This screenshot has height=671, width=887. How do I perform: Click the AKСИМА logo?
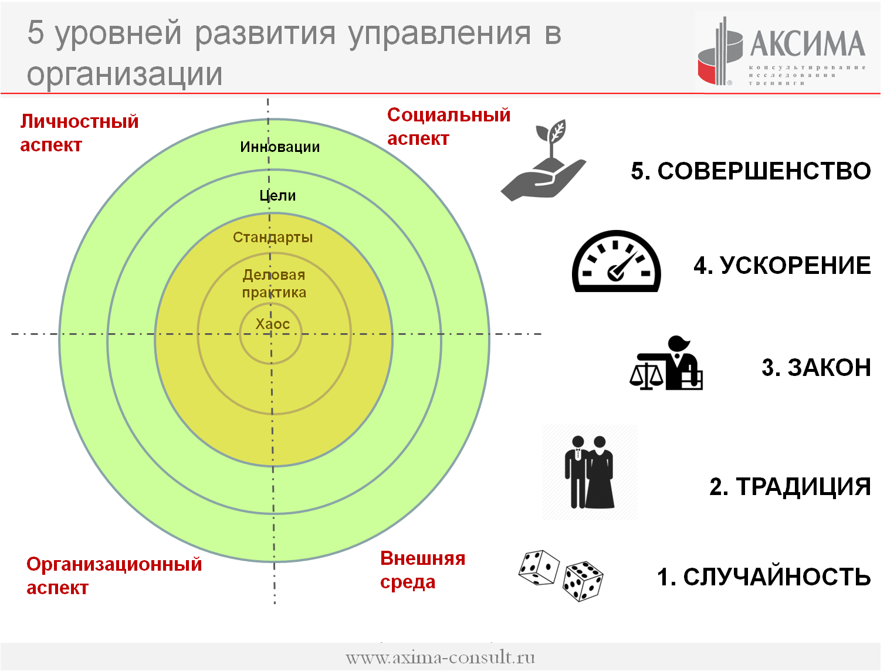(782, 51)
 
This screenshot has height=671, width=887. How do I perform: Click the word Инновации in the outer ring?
(280, 147)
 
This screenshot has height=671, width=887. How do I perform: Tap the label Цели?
(277, 195)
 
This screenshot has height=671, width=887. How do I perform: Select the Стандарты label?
(273, 237)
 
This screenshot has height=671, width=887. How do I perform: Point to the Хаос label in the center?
(273, 324)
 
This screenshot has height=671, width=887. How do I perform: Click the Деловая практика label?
(274, 283)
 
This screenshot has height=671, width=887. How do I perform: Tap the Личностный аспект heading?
(79, 133)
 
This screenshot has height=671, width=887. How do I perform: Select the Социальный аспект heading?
(449, 127)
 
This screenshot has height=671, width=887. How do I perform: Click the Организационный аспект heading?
(114, 575)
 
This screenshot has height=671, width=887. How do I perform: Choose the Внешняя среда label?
(423, 570)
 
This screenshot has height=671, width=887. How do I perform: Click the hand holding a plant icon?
(543, 160)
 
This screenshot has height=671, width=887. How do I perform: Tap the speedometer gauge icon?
(616, 261)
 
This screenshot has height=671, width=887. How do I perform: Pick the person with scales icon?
(666, 362)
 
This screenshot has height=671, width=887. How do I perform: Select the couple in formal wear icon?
(590, 472)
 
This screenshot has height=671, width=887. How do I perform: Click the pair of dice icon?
(560, 575)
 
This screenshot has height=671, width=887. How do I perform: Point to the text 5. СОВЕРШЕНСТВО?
(750, 171)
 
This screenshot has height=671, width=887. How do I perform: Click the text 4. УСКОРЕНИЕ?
(782, 266)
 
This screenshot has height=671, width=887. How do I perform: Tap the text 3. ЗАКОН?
(816, 368)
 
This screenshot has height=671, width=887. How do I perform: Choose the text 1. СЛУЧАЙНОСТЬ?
(764, 577)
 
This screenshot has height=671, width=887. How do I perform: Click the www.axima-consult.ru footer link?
(441, 658)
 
